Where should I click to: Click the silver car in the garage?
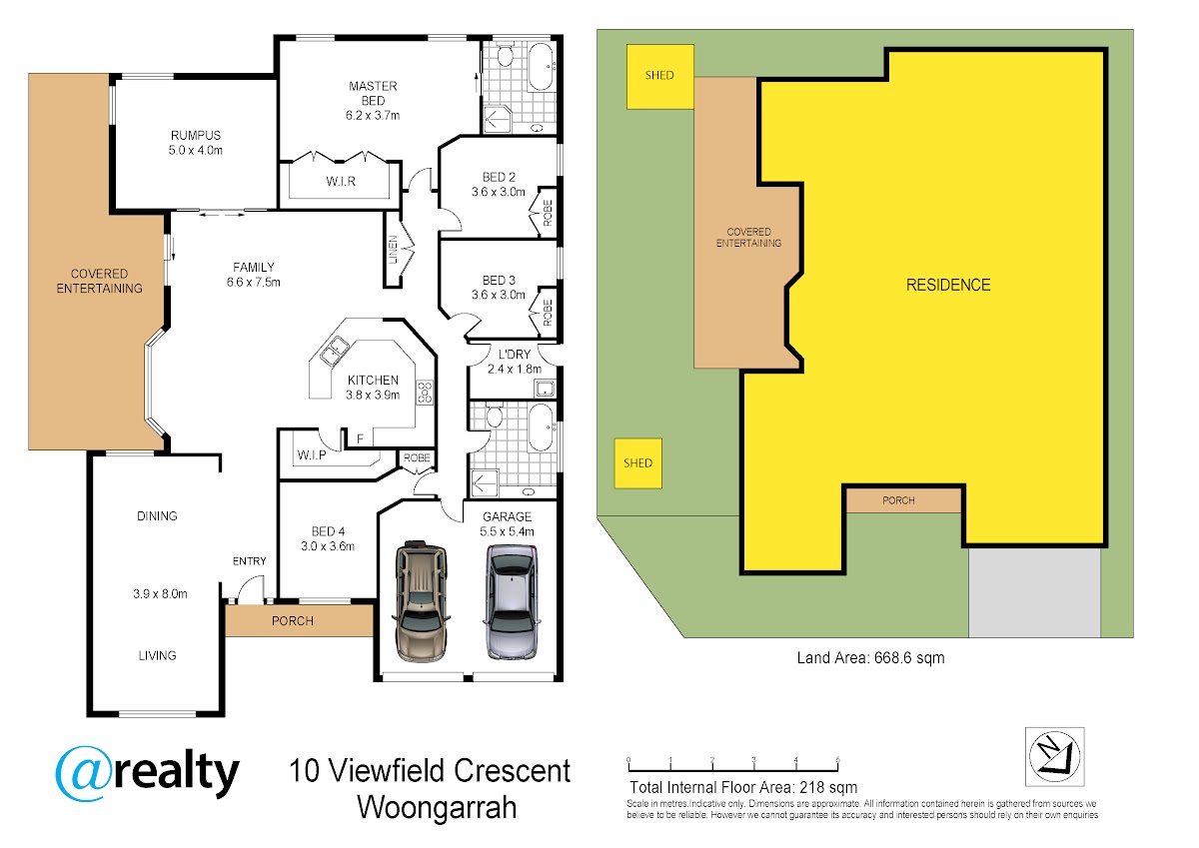click(x=512, y=601)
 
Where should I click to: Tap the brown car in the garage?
click(x=422, y=601)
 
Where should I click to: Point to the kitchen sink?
click(x=334, y=351)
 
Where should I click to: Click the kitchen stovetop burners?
click(x=425, y=393)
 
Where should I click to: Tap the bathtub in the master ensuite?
click(x=541, y=66)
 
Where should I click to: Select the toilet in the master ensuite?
click(x=505, y=55)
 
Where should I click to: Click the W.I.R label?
click(x=341, y=182)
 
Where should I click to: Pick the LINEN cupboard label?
click(x=393, y=250)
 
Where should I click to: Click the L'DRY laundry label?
click(x=515, y=355)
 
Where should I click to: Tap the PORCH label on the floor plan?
click(x=292, y=621)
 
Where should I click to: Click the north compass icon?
click(x=1054, y=756)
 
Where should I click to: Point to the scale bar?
click(x=732, y=765)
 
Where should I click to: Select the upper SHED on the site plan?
click(x=660, y=77)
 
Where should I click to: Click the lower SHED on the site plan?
click(x=637, y=463)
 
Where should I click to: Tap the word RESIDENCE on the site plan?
click(x=948, y=285)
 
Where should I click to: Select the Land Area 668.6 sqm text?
click(x=870, y=657)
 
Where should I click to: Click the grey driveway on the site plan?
click(x=1034, y=592)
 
